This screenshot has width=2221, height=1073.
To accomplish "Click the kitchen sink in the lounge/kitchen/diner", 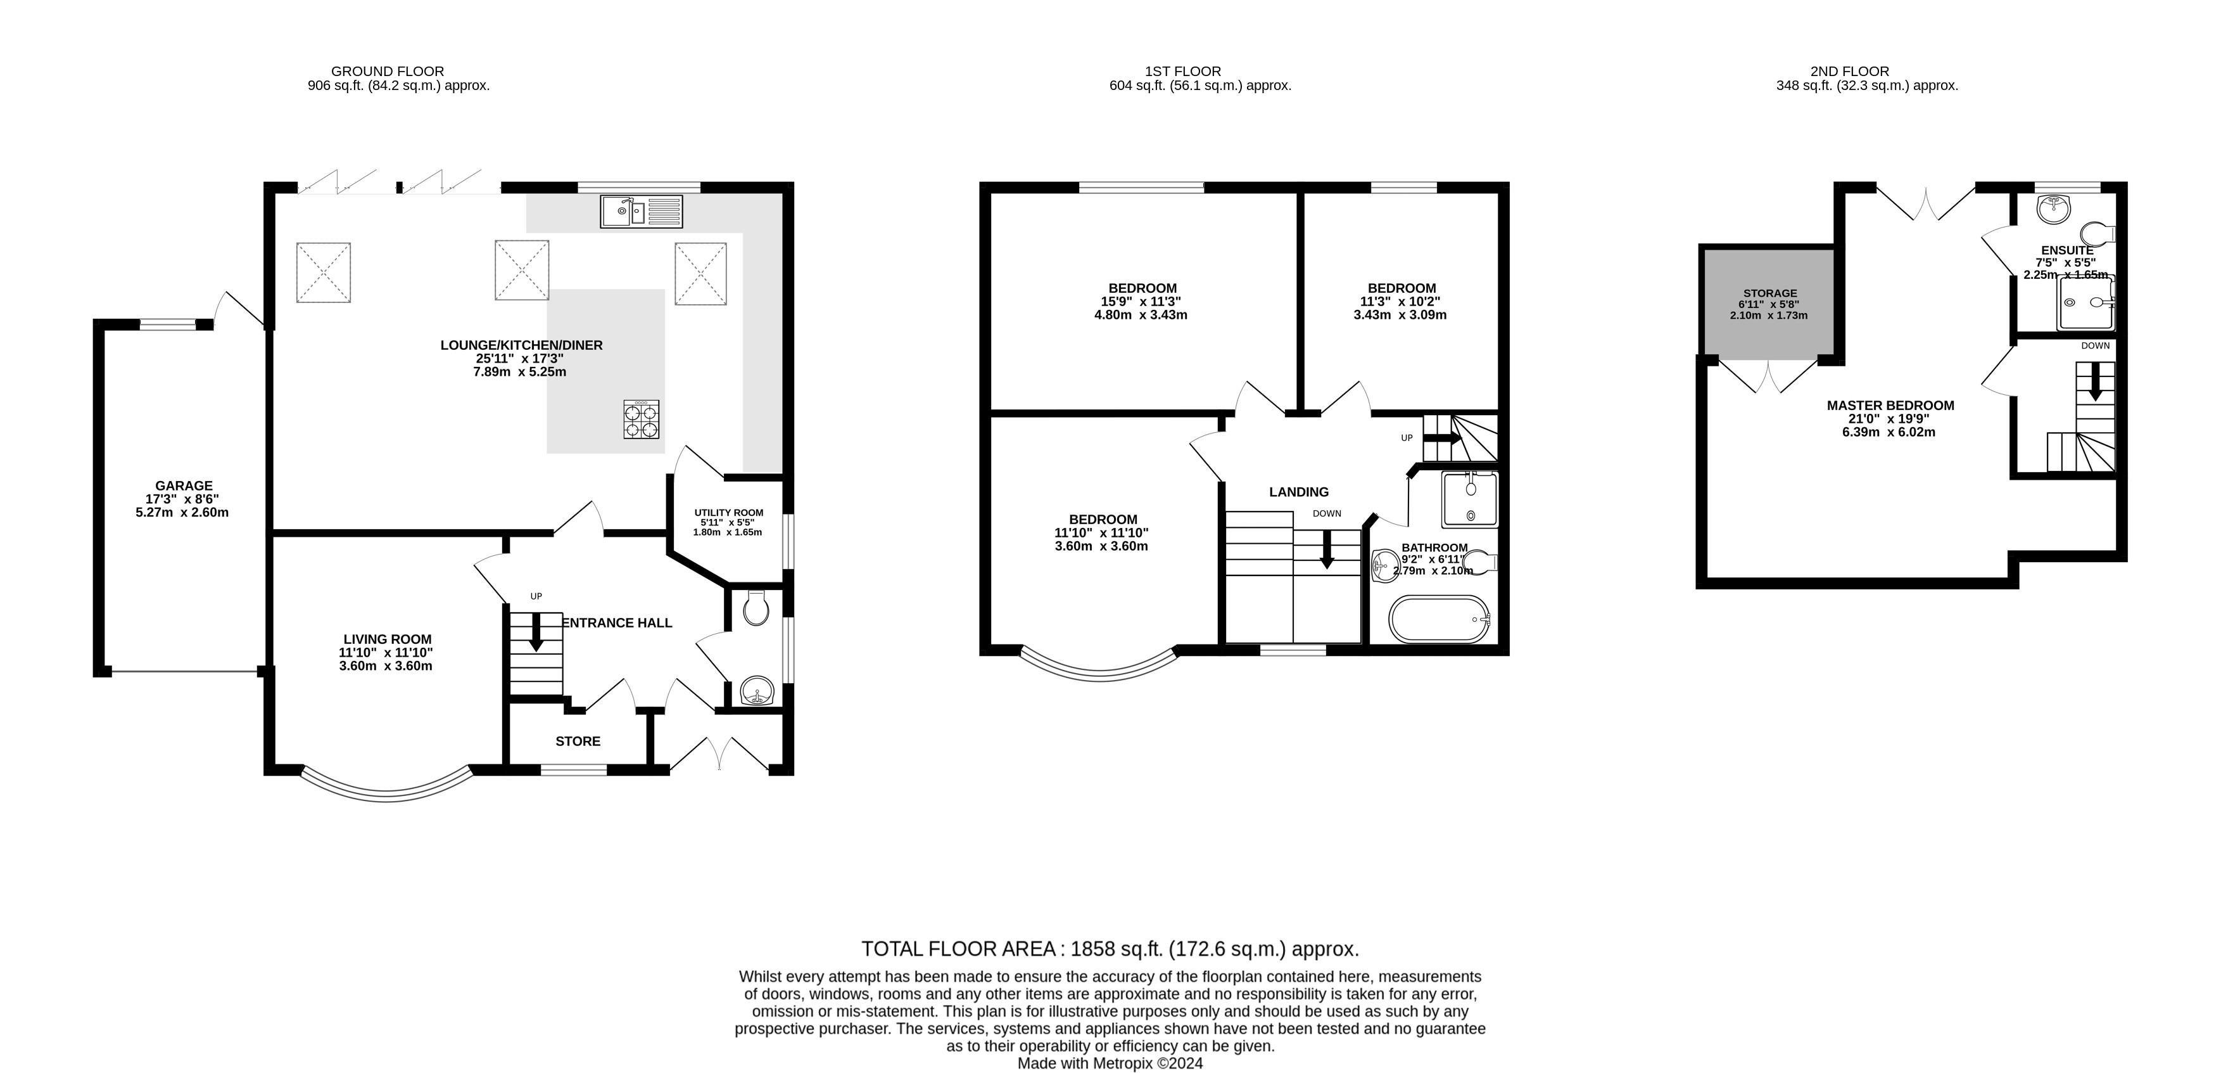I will tap(641, 211).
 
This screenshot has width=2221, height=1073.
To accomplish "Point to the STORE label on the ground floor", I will tap(578, 742).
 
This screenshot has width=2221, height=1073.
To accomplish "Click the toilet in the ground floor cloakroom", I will tap(756, 609).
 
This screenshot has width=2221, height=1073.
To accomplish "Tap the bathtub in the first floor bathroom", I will tap(1439, 619).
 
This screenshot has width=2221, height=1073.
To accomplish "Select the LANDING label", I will tap(1298, 492).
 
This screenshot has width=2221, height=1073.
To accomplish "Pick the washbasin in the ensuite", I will tap(2054, 208).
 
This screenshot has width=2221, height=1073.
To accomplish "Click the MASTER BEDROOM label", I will tap(1890, 406).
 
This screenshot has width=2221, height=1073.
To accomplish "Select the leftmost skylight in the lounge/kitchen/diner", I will tap(324, 273).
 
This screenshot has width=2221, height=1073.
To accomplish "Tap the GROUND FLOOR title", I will tap(387, 72).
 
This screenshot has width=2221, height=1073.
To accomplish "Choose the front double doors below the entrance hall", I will tap(718, 753).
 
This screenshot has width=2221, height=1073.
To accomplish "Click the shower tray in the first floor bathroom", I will tap(1469, 499).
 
